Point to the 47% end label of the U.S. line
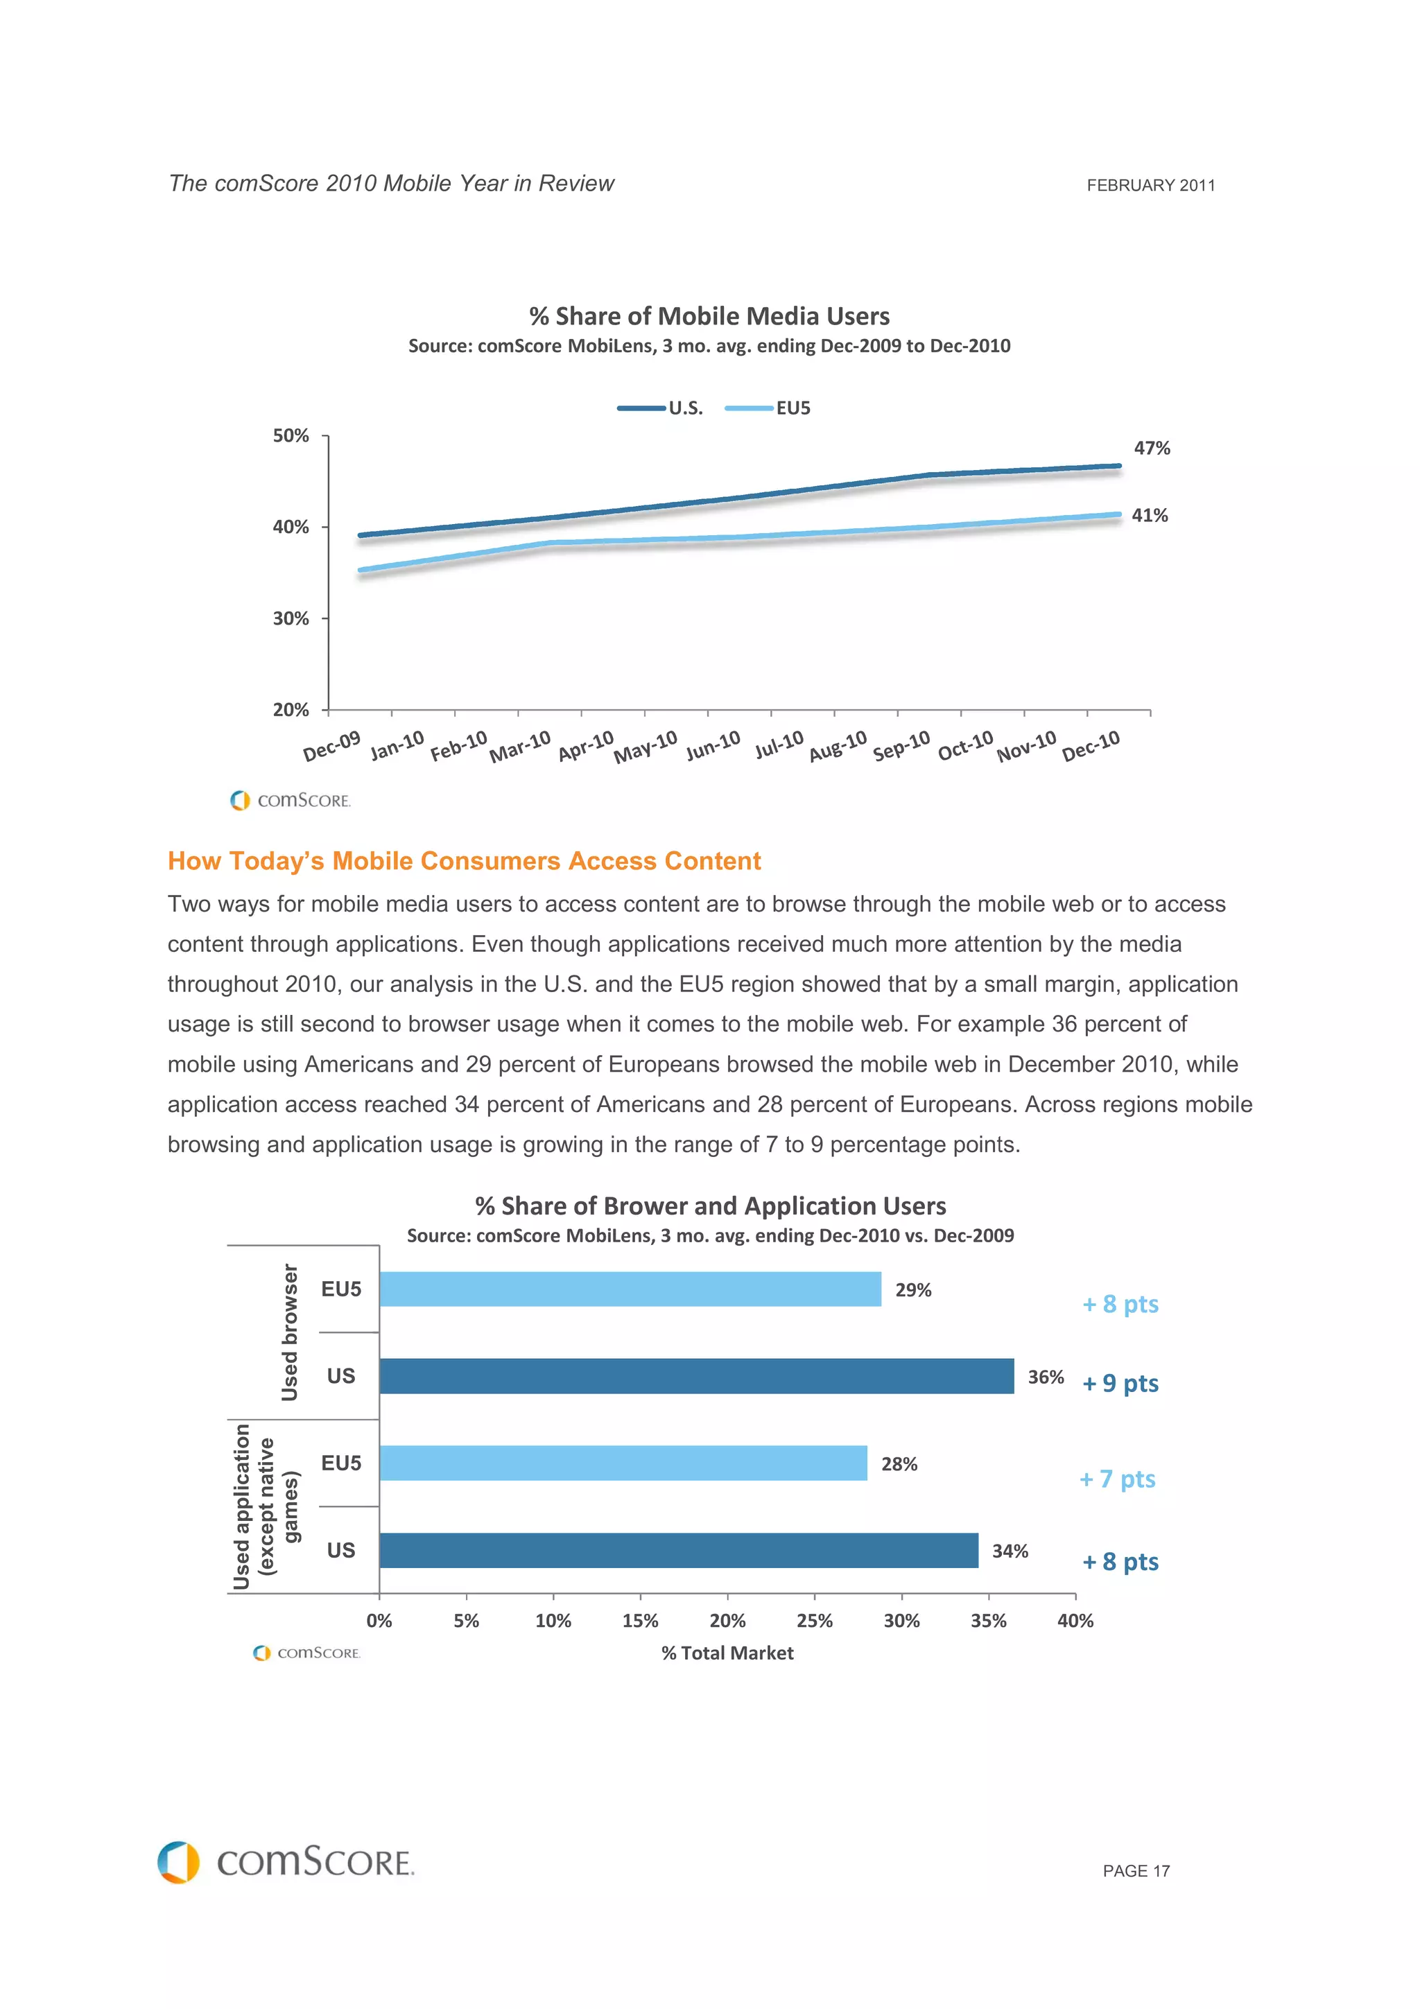tap(1152, 448)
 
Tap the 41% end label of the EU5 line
tap(1149, 515)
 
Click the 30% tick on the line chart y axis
tap(291, 618)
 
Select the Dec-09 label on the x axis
tap(331, 747)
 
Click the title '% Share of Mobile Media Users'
tap(709, 316)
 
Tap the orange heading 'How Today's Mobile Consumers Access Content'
tap(464, 861)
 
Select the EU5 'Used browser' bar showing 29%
tap(630, 1289)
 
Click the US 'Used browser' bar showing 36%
tap(695, 1375)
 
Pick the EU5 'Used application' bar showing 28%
tap(623, 1463)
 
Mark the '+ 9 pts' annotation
tap(1120, 1384)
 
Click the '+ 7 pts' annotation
tap(1117, 1479)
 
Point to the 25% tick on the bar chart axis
tap(814, 1621)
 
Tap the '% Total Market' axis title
tap(727, 1653)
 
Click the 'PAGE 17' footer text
tap(1136, 1871)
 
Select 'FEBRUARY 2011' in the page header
tap(1150, 186)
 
